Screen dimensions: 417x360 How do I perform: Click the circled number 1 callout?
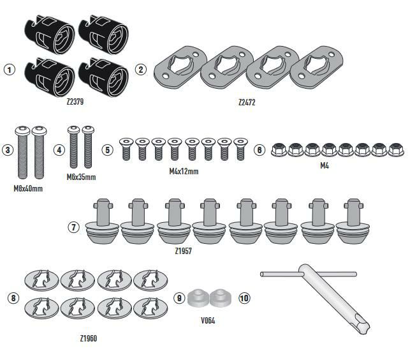(10, 70)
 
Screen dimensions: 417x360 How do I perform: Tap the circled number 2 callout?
(141, 70)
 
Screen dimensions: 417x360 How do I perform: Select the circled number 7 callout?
(74, 227)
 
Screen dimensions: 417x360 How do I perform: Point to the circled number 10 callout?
(244, 298)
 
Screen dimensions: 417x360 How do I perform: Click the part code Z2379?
(75, 101)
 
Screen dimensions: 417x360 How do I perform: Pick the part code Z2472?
(247, 103)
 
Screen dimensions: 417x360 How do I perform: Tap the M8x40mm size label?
(28, 188)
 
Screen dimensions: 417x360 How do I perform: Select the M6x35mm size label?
(81, 177)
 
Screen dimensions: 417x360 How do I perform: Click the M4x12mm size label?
(184, 171)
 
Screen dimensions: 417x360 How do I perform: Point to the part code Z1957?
(183, 251)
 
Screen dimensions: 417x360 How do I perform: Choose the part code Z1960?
(88, 338)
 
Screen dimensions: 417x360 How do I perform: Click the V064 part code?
(208, 320)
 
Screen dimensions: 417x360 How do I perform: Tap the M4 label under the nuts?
(325, 166)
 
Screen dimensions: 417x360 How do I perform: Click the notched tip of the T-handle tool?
(363, 326)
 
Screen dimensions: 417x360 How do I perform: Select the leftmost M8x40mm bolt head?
(22, 131)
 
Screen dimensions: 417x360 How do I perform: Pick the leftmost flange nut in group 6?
(279, 149)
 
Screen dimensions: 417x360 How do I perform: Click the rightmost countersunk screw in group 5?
(240, 149)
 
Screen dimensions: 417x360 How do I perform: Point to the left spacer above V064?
(198, 297)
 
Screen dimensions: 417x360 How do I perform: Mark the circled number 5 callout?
(108, 150)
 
